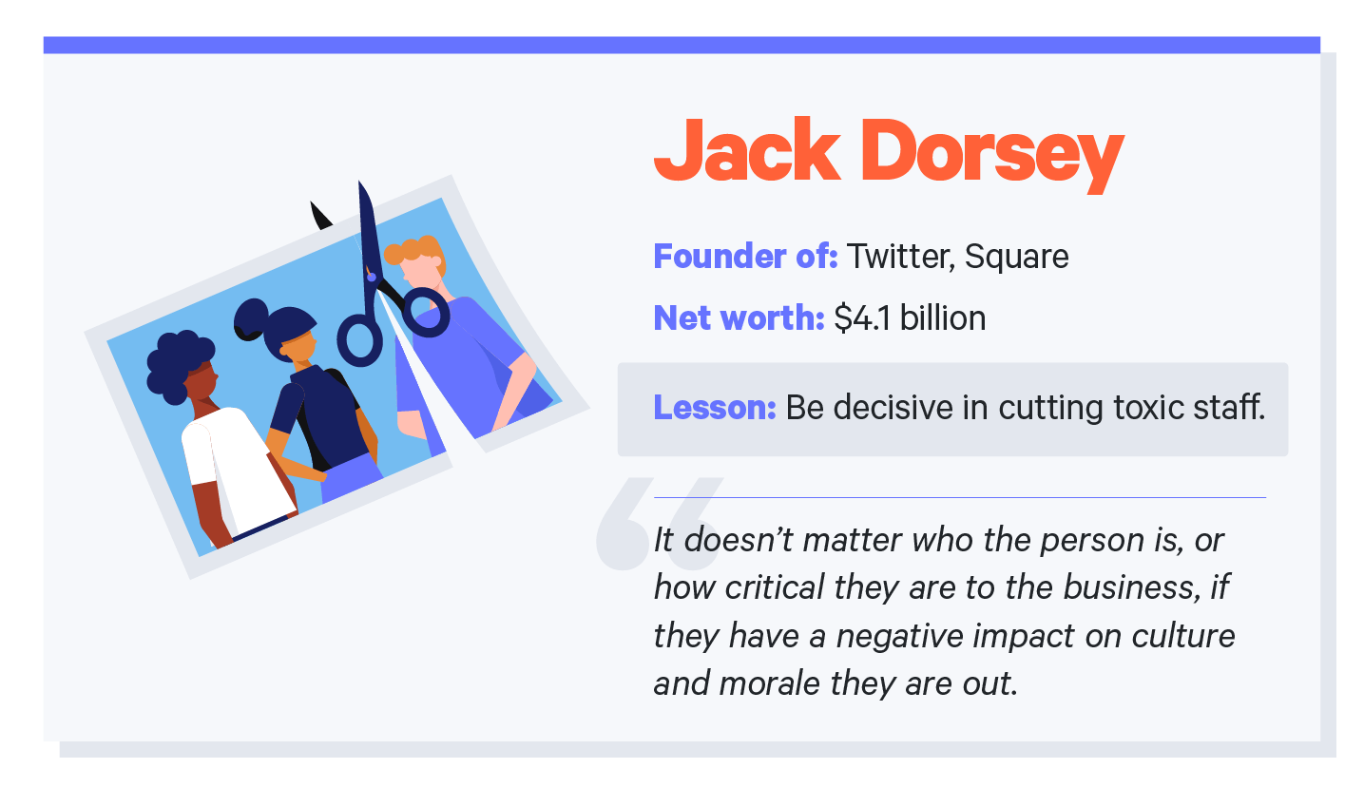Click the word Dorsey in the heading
(x=991, y=152)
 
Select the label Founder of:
(x=744, y=257)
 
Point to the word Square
(x=1016, y=257)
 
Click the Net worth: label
(x=738, y=318)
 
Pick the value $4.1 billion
(x=910, y=318)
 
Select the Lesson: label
(x=714, y=409)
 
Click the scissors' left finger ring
(x=360, y=341)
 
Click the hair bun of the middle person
(x=252, y=317)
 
